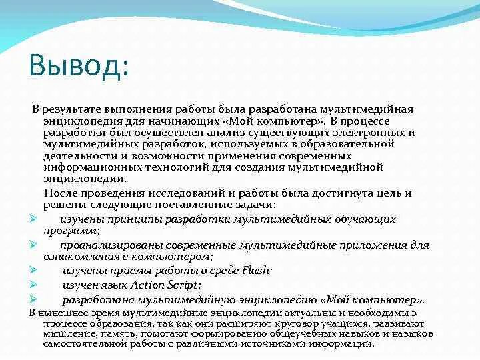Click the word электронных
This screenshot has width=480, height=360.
tap(373, 132)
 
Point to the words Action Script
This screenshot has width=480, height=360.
tap(166, 285)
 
